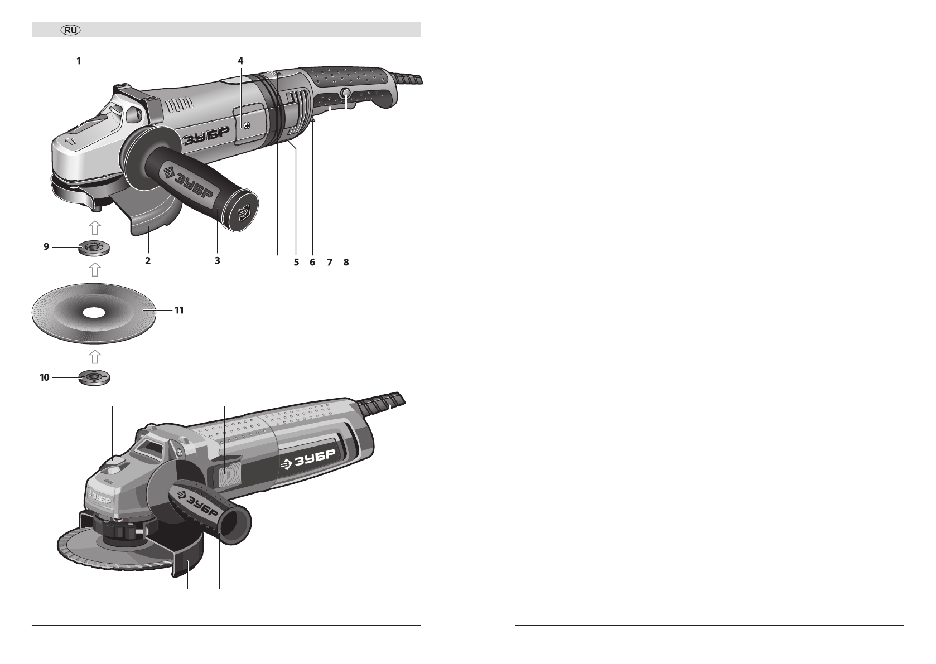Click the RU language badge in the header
pos(71,30)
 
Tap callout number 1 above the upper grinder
pos(79,61)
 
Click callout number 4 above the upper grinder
pos(240,61)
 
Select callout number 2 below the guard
pos(148,260)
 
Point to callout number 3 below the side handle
pos(218,260)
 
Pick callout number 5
pos(296,262)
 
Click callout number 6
pos(312,262)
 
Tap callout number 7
pos(330,262)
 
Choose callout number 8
pos(346,262)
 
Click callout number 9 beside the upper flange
pos(46,247)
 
